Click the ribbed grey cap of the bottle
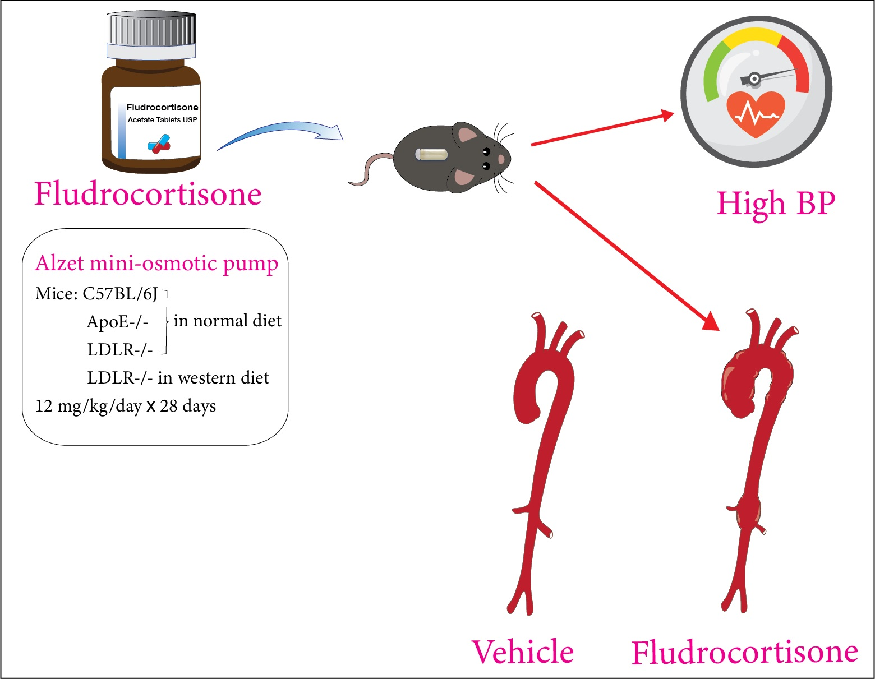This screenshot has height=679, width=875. point(151,31)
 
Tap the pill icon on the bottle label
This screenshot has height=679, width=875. point(159,144)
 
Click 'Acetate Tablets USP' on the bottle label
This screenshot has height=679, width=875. point(162,119)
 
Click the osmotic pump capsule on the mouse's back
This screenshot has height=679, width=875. point(431,154)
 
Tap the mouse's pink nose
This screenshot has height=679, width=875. point(501,160)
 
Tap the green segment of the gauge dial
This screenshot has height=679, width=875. point(712,73)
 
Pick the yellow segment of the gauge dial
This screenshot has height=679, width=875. point(752,36)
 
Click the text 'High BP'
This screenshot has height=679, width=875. point(776,203)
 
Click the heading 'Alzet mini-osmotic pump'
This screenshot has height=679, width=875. point(156,263)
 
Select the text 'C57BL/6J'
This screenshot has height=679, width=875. point(120,293)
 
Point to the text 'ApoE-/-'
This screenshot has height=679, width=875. point(118,321)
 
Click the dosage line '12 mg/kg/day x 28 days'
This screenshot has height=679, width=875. point(126,405)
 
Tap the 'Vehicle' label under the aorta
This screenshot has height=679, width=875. point(523,652)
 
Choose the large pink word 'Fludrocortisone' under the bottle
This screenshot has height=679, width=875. point(148,194)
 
